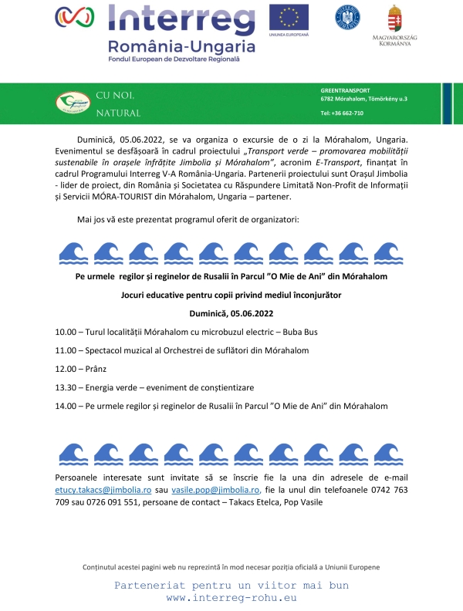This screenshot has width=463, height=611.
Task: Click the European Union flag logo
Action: (x=289, y=17)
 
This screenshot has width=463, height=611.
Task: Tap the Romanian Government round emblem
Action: (x=346, y=17)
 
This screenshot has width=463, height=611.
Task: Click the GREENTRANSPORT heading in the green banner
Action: (x=345, y=90)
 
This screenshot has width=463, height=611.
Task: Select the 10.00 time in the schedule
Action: (x=66, y=332)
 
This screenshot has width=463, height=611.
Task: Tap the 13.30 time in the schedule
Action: (x=66, y=387)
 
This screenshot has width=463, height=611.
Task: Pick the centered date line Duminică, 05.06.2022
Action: (x=231, y=313)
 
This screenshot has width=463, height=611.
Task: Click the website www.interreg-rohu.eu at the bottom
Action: (x=231, y=597)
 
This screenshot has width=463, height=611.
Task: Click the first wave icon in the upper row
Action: (x=73, y=251)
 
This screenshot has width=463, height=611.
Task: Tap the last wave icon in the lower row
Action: (x=387, y=453)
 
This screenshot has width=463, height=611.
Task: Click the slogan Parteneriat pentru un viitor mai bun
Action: (x=231, y=585)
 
